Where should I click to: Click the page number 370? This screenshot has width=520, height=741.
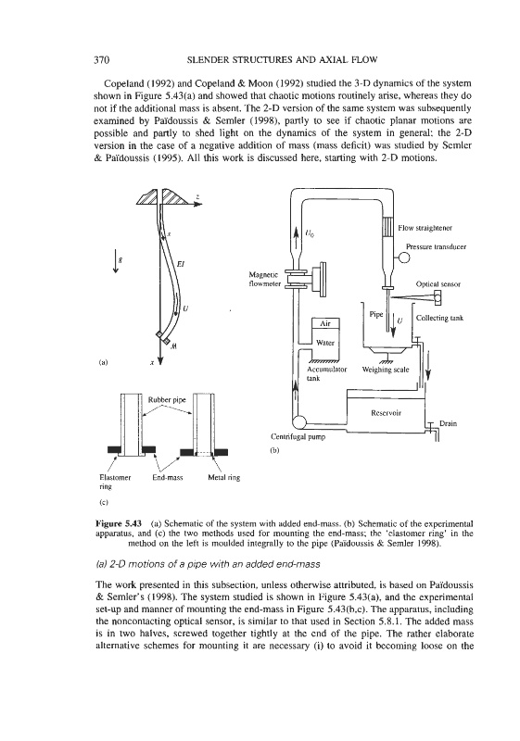(x=102, y=59)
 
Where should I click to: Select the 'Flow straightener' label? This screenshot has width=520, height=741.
(x=425, y=228)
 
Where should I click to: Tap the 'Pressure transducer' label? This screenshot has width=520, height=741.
(x=436, y=246)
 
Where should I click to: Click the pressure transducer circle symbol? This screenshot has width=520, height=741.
(x=404, y=257)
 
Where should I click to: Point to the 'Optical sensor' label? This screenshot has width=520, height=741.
(x=438, y=284)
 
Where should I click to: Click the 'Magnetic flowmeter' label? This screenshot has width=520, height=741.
(x=265, y=279)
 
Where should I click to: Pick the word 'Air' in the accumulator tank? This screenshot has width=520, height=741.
(x=325, y=323)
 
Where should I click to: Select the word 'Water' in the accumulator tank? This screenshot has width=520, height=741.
(x=325, y=343)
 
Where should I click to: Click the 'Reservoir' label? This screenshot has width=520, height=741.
(x=386, y=412)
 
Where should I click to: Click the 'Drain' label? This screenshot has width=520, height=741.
(x=448, y=423)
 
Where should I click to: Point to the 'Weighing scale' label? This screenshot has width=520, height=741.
(x=386, y=370)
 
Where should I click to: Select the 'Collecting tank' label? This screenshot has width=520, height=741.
(x=439, y=318)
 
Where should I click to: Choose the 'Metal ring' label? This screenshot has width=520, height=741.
(x=224, y=477)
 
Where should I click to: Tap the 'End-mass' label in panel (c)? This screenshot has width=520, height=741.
(x=168, y=477)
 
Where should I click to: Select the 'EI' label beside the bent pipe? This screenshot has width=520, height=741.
(x=180, y=264)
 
